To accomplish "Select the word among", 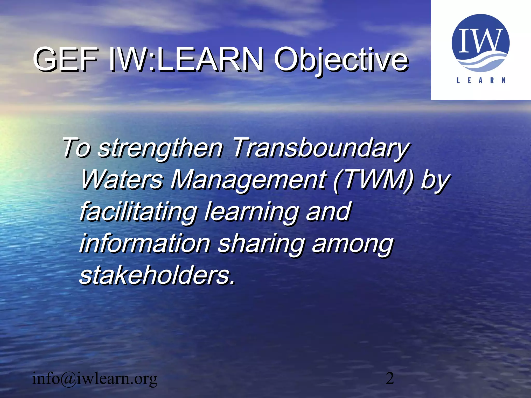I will (352, 244).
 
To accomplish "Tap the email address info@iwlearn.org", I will (95, 379).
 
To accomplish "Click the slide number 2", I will (390, 378).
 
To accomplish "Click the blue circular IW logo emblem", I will (480, 43).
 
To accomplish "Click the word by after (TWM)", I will (435, 180).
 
